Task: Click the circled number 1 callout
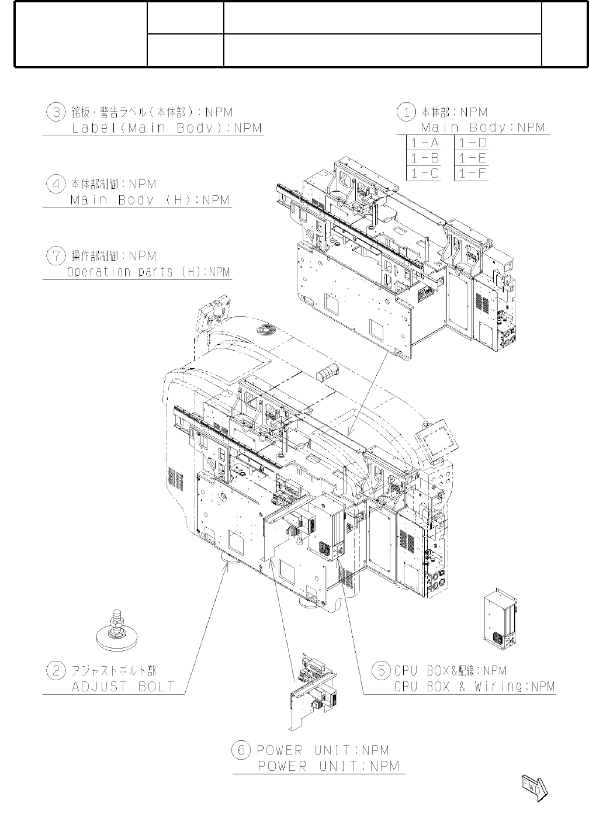point(406,112)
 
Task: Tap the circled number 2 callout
point(56,670)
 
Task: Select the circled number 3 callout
point(56,112)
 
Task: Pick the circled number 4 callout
point(56,184)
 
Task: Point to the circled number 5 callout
point(382,670)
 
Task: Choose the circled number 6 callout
point(241,750)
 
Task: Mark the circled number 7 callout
point(56,256)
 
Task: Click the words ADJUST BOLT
point(123,687)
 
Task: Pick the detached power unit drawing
point(314,690)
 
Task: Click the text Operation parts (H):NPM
point(148,272)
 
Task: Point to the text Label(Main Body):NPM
point(167,128)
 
